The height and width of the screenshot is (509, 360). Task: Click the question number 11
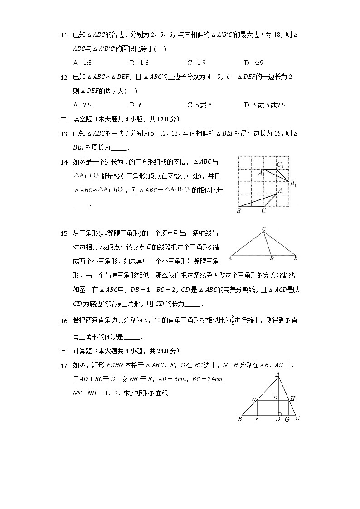[64, 35]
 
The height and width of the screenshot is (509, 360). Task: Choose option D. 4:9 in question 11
[253, 63]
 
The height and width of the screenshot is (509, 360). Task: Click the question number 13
[64, 134]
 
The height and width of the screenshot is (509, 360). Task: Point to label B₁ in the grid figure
[293, 184]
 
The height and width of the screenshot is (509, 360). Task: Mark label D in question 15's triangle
[271, 258]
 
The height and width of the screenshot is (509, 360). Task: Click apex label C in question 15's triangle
[263, 229]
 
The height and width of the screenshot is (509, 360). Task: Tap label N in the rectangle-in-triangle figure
[254, 399]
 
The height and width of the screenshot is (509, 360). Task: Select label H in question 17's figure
[293, 398]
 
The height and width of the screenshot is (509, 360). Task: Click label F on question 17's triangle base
[257, 419]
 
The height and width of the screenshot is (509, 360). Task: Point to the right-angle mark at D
[280, 413]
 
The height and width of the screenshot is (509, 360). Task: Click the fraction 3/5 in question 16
[233, 320]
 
